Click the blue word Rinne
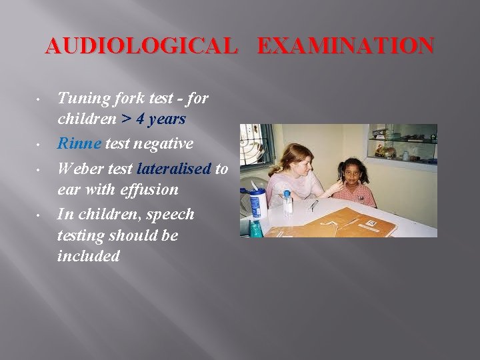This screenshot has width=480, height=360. pos(79,143)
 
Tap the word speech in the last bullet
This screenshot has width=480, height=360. pos(170,214)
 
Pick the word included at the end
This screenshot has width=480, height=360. pos(89,255)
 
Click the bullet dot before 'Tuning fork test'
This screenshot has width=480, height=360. pos(41,100)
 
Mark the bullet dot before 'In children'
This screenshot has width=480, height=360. pos(41,215)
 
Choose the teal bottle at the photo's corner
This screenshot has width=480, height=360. pos(254,229)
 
